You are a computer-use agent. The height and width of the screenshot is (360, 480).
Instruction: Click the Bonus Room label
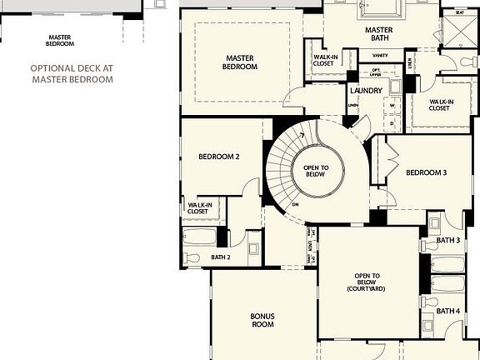point(262,320)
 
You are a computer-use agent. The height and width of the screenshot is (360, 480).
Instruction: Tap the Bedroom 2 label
point(219,157)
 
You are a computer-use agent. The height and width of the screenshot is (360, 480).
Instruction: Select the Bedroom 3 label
point(427,173)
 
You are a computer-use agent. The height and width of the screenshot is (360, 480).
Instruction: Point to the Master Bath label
point(378,34)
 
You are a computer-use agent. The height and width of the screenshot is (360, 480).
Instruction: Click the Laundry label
point(366,90)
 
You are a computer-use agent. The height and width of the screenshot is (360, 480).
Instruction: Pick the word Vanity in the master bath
point(367,56)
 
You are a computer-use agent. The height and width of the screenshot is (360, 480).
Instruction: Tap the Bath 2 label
point(221,257)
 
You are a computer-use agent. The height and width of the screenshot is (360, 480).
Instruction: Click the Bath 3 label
point(448,241)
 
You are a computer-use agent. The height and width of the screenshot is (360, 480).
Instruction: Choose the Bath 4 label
point(448,311)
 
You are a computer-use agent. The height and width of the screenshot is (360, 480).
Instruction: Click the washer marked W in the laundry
point(392,106)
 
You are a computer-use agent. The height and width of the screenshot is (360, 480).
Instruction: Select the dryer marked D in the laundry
point(392,123)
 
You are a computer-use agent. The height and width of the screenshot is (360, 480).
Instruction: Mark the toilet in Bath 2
point(191,258)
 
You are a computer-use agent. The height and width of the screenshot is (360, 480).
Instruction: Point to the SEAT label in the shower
point(459,13)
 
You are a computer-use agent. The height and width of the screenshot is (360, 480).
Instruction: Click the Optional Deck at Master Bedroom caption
point(72,74)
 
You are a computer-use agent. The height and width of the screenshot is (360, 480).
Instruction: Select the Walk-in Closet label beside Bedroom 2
point(198,208)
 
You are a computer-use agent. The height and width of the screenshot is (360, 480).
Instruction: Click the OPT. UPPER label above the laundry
point(377,72)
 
